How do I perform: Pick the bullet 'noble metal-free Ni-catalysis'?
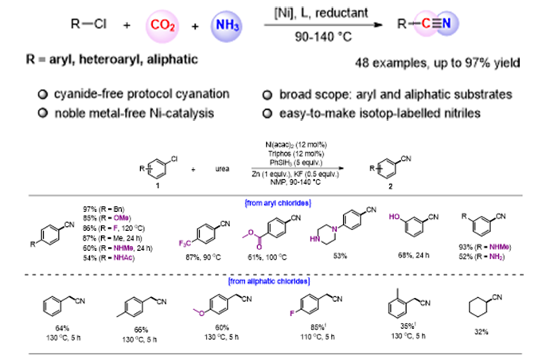[x=123, y=112]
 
